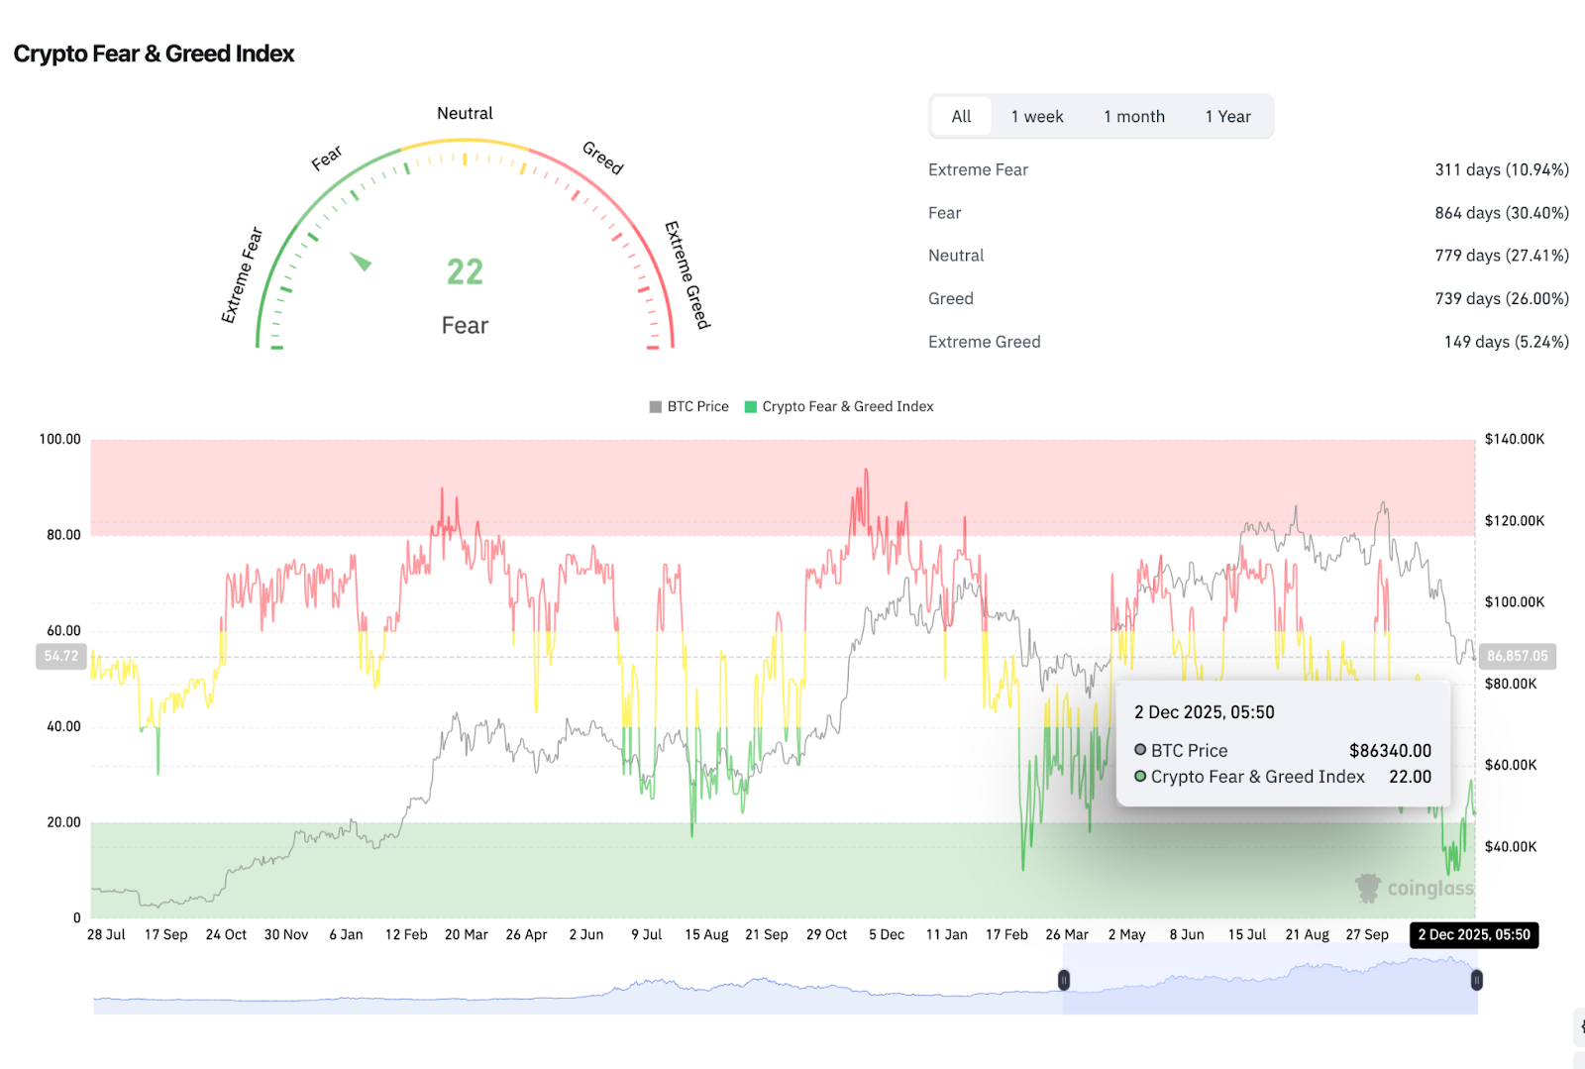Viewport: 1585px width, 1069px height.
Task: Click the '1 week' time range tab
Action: coord(1036,117)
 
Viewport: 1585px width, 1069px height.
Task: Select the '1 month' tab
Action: coord(1134,117)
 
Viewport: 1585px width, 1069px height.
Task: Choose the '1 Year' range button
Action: coord(1227,117)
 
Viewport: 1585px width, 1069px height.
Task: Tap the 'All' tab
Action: coord(961,117)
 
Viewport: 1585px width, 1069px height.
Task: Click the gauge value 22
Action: coord(465,271)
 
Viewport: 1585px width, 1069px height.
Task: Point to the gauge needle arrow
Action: coord(361,262)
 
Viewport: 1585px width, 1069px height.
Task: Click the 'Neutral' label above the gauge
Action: coord(465,113)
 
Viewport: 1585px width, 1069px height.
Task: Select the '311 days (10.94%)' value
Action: coord(1501,169)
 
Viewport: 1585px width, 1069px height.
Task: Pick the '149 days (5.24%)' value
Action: coord(1506,342)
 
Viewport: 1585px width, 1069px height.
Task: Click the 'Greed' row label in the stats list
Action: coord(950,298)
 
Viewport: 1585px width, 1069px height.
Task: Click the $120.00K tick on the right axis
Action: coord(1514,521)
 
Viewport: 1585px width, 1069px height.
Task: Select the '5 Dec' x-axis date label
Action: coord(886,934)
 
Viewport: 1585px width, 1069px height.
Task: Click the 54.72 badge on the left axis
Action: coord(61,656)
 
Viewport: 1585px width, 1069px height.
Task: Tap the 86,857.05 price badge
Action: coord(1517,656)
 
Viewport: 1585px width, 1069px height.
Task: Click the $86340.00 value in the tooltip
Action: coord(1390,751)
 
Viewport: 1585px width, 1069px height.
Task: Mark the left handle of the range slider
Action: coord(1064,980)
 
